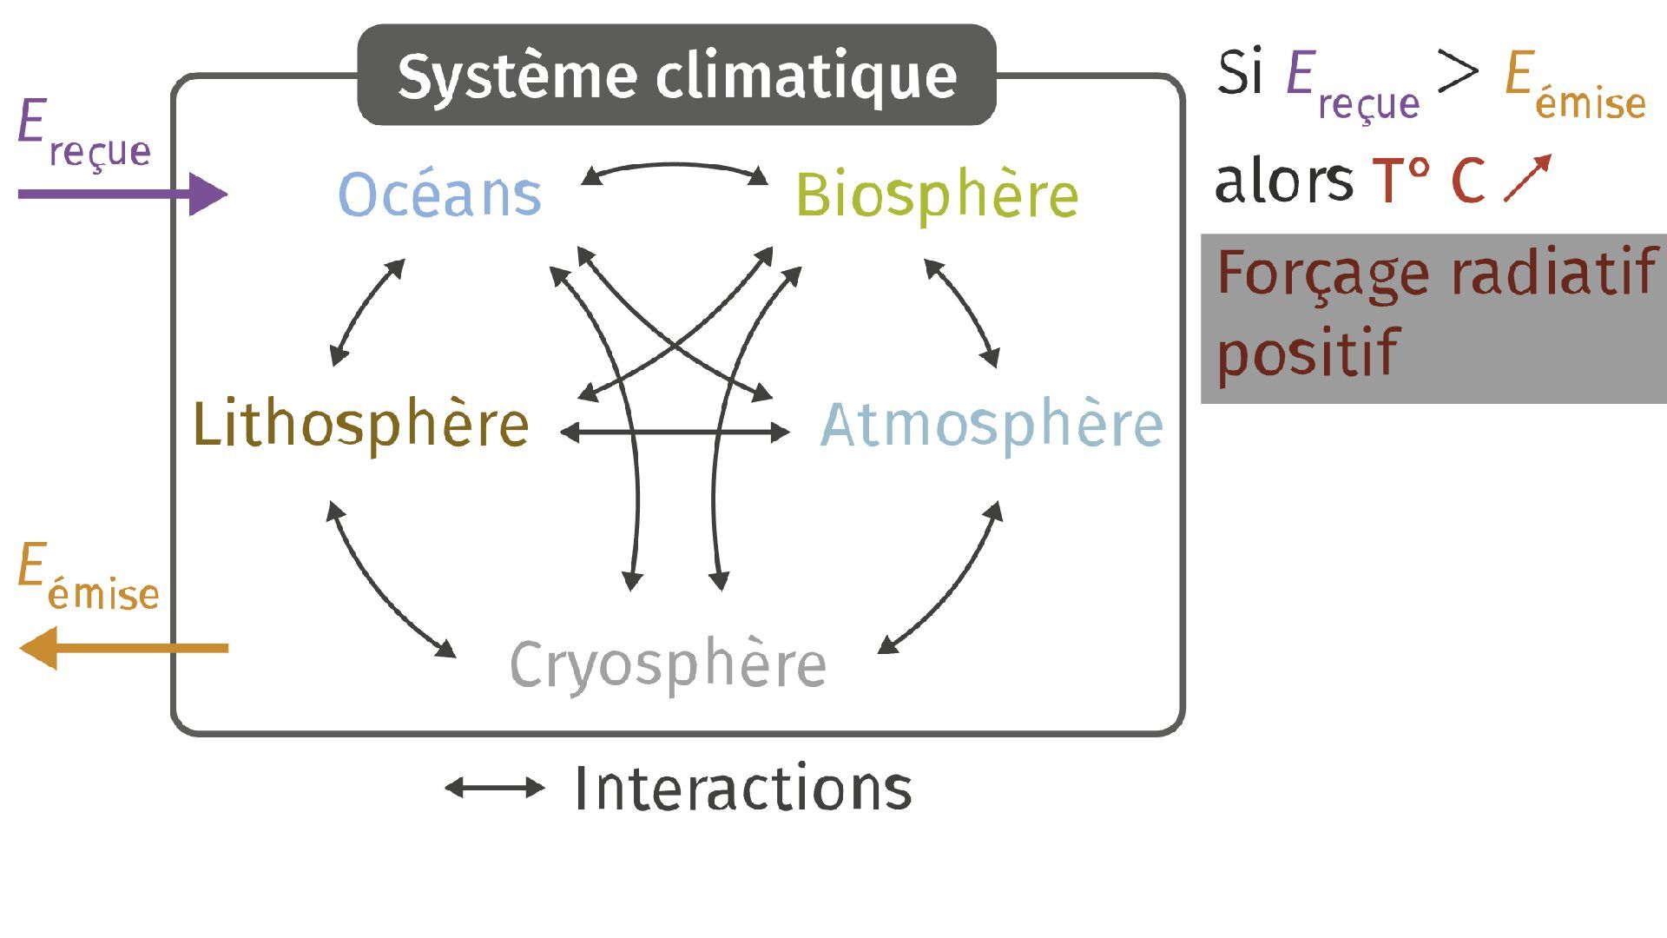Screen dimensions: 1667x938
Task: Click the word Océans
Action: [439, 194]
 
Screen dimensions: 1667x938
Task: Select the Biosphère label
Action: [937, 196]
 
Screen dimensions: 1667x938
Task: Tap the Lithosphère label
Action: [360, 425]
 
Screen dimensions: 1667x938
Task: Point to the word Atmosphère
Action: [992, 425]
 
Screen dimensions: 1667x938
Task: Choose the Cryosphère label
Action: [668, 665]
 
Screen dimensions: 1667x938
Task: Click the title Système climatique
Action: [676, 76]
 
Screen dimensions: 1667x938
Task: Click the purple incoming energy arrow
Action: [122, 194]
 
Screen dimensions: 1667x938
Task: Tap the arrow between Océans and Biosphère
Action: [674, 167]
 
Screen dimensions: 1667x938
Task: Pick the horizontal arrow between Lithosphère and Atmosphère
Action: [675, 432]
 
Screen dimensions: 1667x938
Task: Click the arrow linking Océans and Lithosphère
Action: [365, 311]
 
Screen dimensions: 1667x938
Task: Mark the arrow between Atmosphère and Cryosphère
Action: [949, 587]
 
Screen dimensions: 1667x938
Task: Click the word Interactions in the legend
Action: [743, 789]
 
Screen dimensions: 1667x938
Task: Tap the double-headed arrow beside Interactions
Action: [494, 789]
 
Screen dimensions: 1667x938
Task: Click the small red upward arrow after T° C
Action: [1526, 179]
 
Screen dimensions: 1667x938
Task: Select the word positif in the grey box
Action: [1307, 353]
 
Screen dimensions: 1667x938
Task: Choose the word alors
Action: [1283, 181]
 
